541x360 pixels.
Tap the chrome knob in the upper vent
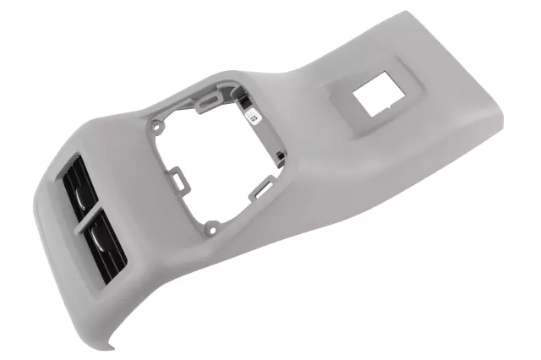pos(81,199)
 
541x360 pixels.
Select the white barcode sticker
pos(256,117)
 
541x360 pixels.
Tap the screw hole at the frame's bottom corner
pos(213,226)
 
